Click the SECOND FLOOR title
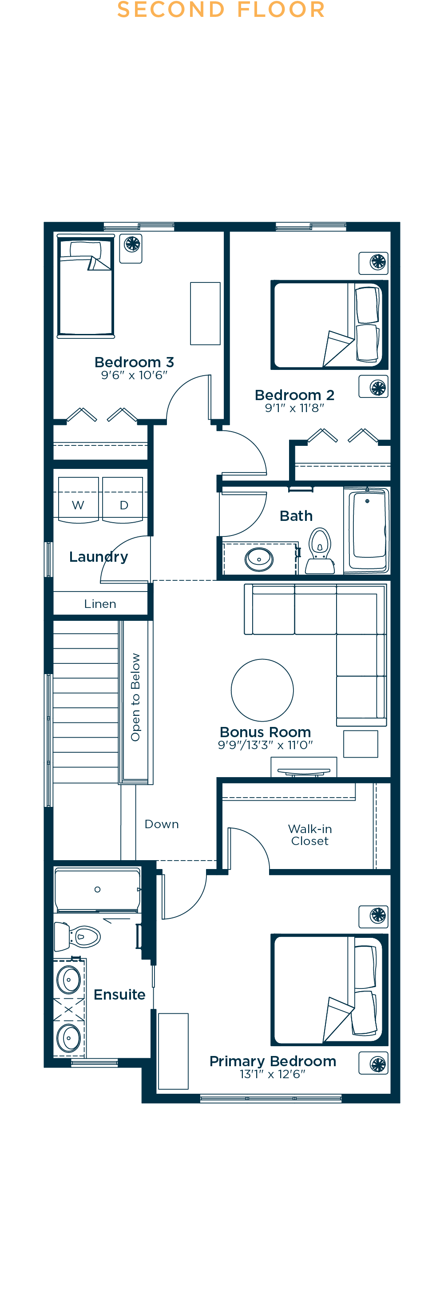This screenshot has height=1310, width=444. click(221, 10)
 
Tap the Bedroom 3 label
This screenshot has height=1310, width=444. click(134, 362)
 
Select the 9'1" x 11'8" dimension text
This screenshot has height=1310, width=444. click(294, 408)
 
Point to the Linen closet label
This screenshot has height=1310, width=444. click(100, 603)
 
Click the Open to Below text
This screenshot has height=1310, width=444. click(135, 697)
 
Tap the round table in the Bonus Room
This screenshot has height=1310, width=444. click(262, 690)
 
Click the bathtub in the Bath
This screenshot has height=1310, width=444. click(367, 530)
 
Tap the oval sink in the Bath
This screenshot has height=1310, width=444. click(259, 559)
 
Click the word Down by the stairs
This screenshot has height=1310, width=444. click(162, 824)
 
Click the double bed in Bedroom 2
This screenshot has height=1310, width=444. click(329, 325)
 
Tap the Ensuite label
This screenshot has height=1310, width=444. click(119, 994)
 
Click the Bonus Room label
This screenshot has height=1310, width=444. click(265, 732)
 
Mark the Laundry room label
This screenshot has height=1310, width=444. click(98, 556)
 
